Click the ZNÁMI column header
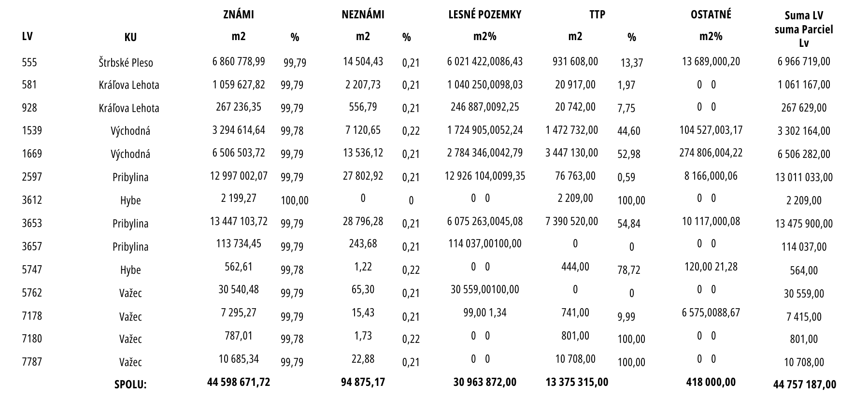(x=239, y=14)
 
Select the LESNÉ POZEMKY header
(x=485, y=14)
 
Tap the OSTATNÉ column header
(x=711, y=14)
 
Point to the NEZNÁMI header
(x=363, y=14)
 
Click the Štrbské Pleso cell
(x=126, y=62)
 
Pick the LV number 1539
(x=32, y=130)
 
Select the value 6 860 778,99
(x=239, y=61)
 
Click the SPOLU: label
(x=130, y=385)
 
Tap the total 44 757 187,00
(x=804, y=384)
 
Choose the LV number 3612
(x=32, y=200)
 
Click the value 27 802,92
(x=363, y=176)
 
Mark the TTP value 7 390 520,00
(x=572, y=221)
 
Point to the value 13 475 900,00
(x=804, y=223)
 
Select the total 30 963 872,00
(x=485, y=382)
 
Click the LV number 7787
(x=32, y=362)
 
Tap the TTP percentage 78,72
(x=629, y=270)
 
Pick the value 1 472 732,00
(x=572, y=130)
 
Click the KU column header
(x=130, y=37)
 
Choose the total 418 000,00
(x=711, y=382)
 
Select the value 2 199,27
(x=239, y=198)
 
